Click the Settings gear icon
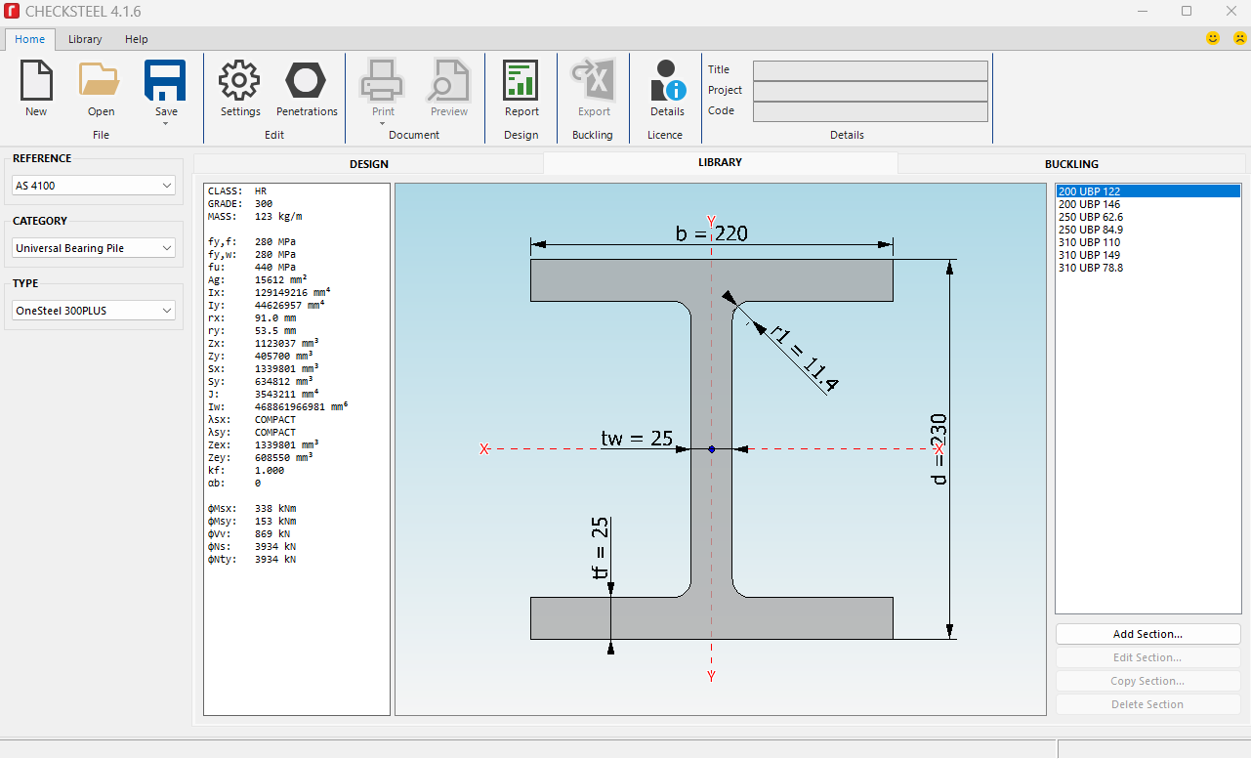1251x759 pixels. tap(239, 81)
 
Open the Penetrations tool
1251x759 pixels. tap(306, 81)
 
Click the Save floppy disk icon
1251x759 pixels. tap(165, 80)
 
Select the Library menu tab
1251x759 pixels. tap(85, 39)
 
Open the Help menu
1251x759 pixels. tap(137, 39)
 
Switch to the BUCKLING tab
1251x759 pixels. tap(1071, 164)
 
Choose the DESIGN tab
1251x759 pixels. tap(368, 164)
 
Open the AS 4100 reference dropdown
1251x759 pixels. tap(94, 186)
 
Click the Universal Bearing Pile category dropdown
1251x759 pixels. tap(94, 248)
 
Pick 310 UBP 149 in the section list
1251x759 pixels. tap(1089, 255)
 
